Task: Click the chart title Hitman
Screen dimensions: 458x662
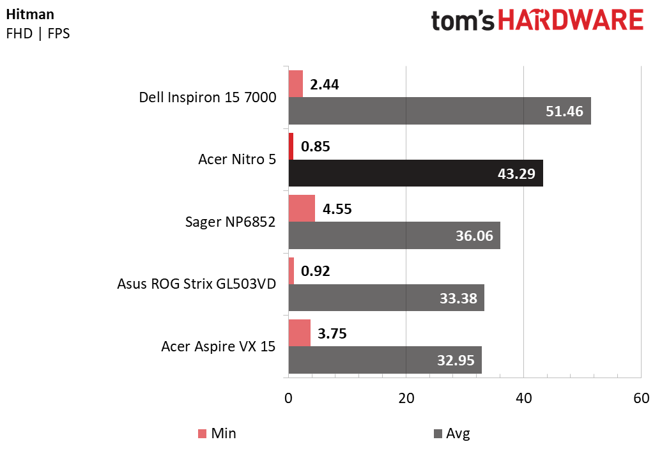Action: coord(30,14)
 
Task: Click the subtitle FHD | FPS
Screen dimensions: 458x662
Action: coord(38,33)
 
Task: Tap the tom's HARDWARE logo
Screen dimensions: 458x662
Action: coord(537,21)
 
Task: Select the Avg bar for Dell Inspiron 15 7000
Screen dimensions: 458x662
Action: coord(440,111)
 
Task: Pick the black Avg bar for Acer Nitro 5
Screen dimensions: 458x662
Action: coord(415,173)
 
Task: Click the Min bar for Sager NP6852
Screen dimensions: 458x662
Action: coord(302,209)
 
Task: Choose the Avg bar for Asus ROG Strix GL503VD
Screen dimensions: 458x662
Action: coord(386,298)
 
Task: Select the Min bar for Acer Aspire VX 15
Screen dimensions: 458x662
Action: coord(299,333)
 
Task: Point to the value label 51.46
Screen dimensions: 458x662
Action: coord(564,111)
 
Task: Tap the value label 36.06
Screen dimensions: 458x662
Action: coord(473,236)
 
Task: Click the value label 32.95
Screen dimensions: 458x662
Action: coord(455,360)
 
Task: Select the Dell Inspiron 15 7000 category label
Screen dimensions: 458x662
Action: coord(208,98)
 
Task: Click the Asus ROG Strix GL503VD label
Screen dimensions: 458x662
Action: coord(197,284)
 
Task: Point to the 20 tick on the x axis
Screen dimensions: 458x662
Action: coord(406,398)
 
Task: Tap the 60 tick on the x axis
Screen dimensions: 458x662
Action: coord(641,398)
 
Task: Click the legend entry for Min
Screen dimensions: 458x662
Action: coord(217,434)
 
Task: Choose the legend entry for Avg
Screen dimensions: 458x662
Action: coord(451,434)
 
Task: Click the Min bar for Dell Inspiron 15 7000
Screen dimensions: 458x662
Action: coord(295,84)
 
